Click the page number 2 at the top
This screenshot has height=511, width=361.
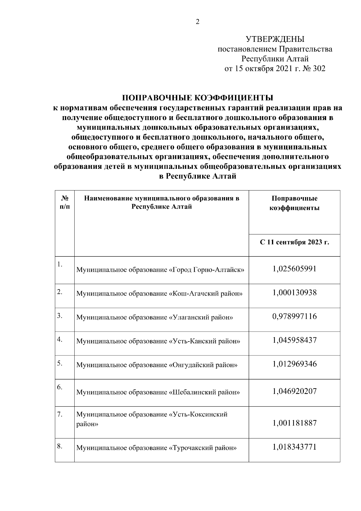[198, 22]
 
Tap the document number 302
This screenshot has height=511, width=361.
[319, 69]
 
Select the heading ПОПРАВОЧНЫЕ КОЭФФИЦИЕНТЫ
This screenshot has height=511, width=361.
[197, 98]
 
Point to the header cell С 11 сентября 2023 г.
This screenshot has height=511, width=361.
[294, 243]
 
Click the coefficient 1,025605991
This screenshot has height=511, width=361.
[295, 268]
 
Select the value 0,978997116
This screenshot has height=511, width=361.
[295, 316]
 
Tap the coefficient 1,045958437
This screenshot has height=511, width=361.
[295, 340]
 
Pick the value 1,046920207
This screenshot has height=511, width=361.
[295, 391]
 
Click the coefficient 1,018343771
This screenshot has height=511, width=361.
[295, 447]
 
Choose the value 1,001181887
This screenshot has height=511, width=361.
[295, 423]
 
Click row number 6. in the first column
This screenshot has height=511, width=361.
[60, 387]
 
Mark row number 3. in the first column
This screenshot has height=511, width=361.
[60, 316]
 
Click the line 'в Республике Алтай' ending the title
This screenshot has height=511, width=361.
[197, 176]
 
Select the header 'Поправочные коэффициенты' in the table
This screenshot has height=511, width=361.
[294, 203]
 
